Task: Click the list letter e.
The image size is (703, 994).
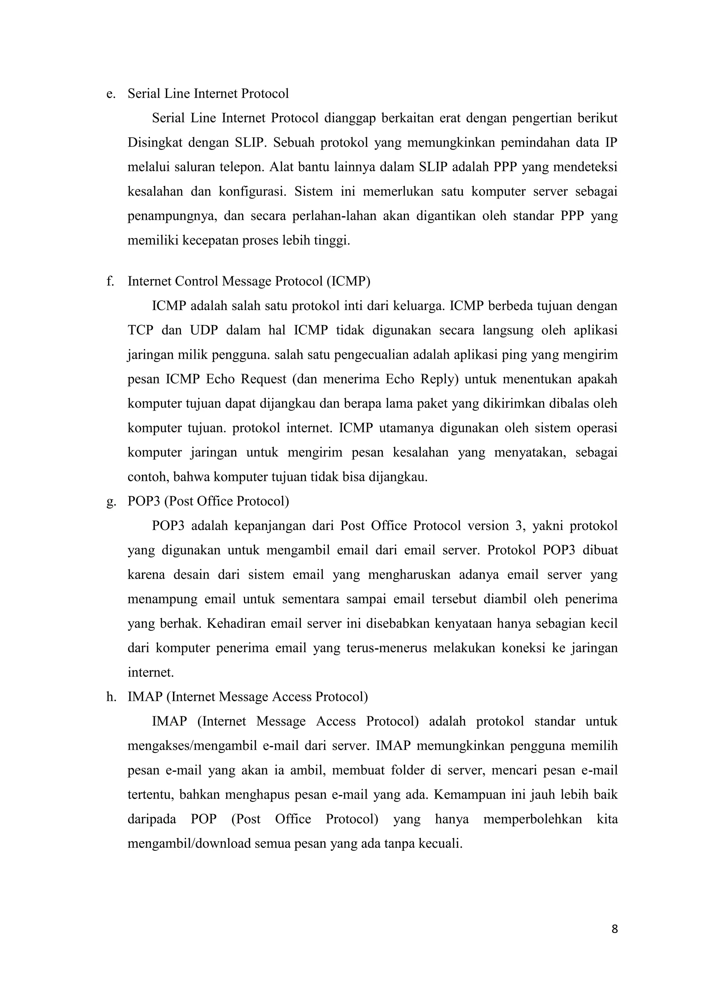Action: pos(111,94)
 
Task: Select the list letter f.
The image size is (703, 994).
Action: pos(110,281)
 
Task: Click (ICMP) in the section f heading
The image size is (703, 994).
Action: pos(348,281)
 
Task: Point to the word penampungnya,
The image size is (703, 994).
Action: pos(171,216)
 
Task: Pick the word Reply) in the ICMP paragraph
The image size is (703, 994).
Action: pos(439,379)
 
